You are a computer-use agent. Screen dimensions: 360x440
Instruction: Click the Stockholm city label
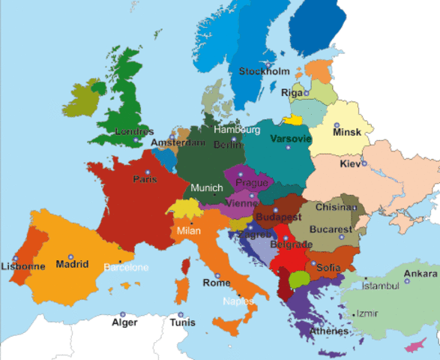coord(264,71)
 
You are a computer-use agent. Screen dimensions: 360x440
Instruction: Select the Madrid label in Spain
coord(72,264)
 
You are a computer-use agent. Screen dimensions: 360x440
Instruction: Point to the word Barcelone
coord(126,267)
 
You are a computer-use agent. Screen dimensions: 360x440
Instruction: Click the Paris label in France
coord(145,179)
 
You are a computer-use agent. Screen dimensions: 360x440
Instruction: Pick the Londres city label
coord(134,132)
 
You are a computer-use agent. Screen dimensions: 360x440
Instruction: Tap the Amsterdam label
coord(178,142)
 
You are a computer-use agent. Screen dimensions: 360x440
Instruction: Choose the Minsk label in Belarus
coord(347,132)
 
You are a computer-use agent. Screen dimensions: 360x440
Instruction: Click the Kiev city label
coord(350,163)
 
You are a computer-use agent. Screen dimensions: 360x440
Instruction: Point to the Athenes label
coord(330,331)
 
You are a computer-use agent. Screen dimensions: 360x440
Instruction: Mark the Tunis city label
coord(182,322)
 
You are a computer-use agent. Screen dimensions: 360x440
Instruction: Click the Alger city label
coord(124,322)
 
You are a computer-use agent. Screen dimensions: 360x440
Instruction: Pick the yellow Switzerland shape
coord(184,208)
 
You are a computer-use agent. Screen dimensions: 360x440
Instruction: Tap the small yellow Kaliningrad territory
coord(292,118)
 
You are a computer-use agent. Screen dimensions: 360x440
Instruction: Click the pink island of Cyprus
coord(415,346)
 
